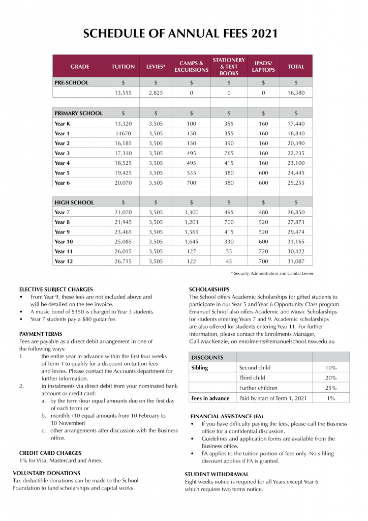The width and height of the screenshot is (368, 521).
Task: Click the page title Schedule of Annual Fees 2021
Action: point(180,34)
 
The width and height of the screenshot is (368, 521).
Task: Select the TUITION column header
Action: point(123,67)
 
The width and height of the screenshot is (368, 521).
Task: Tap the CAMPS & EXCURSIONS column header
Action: point(191,67)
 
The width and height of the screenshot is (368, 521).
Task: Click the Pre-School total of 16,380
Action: point(296,93)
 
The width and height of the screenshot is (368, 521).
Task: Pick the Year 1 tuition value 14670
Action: point(123,133)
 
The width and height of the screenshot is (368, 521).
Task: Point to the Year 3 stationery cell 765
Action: point(229,153)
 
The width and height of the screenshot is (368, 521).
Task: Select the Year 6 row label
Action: point(63,183)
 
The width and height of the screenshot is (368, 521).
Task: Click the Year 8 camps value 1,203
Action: point(191,222)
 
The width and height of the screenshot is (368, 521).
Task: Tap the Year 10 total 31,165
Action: point(296,242)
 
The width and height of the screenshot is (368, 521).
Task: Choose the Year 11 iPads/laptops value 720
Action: point(263,251)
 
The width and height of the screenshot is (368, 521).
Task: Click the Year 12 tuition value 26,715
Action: point(123,262)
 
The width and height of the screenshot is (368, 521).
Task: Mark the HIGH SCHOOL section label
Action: point(74,202)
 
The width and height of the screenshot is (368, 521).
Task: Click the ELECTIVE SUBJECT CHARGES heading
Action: point(56,290)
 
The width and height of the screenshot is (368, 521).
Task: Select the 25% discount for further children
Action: point(330,388)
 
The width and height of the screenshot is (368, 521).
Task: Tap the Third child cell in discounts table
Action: point(253,378)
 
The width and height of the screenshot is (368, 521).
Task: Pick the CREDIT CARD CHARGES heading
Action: point(50,453)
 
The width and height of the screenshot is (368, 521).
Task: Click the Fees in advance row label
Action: point(210,398)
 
